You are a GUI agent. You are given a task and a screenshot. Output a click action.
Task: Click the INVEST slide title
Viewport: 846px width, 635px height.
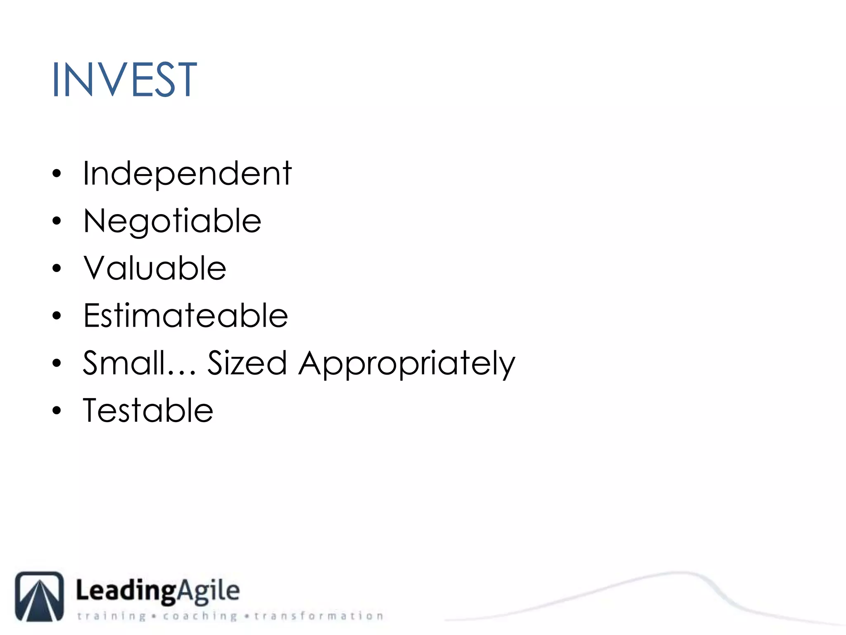click(x=124, y=79)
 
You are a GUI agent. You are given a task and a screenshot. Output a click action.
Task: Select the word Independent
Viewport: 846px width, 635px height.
click(x=187, y=174)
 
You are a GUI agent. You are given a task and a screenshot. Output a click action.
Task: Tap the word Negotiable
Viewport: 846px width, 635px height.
click(x=172, y=222)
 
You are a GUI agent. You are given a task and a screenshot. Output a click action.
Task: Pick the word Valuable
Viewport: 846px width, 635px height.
click(x=155, y=269)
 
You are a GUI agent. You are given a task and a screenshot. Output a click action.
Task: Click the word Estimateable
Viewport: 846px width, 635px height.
click(x=185, y=316)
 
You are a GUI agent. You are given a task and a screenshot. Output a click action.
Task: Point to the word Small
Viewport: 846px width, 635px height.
click(x=124, y=363)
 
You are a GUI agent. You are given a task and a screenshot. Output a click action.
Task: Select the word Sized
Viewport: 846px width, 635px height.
click(x=247, y=363)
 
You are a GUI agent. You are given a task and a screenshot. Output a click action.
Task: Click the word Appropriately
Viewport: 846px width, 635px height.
click(x=407, y=364)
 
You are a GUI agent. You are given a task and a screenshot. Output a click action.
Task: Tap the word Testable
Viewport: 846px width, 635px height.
click(x=148, y=411)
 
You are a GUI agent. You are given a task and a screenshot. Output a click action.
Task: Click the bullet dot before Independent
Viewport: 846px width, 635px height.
click(x=57, y=174)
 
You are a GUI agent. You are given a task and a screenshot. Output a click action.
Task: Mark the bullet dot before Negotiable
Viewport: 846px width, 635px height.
click(x=57, y=221)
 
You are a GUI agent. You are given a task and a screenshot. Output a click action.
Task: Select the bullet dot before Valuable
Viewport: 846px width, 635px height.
click(x=57, y=269)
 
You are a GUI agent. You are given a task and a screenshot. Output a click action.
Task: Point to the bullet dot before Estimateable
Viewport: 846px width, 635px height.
click(x=57, y=316)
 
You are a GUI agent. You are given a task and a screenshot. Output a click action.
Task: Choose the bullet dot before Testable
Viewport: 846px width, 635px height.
click(x=57, y=411)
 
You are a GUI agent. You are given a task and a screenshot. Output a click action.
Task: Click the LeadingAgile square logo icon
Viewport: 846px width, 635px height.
click(x=40, y=596)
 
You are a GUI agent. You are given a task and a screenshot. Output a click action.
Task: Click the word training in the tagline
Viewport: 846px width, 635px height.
click(x=112, y=616)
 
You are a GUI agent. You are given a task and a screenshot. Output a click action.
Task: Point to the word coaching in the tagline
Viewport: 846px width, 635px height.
click(x=200, y=616)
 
